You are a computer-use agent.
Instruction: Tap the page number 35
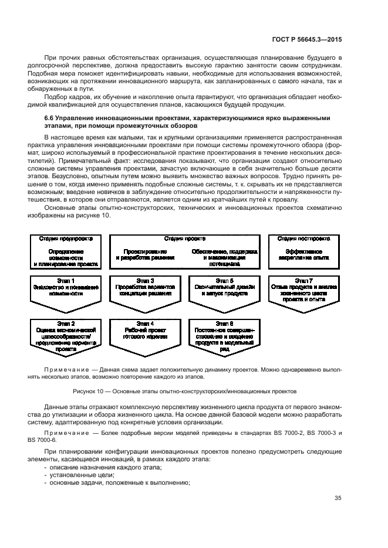tap(338, 498)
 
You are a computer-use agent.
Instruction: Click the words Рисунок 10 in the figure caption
tap(87, 390)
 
